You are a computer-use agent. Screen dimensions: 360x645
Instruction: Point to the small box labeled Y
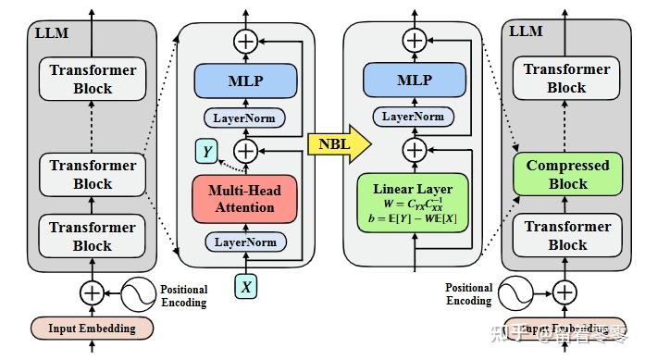tap(205, 150)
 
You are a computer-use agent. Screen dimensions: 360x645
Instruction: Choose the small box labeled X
tap(245, 287)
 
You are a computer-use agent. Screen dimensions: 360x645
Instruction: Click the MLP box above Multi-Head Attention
tap(245, 81)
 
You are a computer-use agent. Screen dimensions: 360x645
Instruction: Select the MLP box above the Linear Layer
tap(413, 81)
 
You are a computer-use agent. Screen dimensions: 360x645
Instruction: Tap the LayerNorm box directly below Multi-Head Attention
tap(244, 242)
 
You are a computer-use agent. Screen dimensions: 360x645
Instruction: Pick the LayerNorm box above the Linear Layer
tap(413, 117)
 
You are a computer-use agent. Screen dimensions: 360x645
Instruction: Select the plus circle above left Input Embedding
tap(91, 292)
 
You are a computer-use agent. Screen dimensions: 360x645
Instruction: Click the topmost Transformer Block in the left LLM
tap(93, 80)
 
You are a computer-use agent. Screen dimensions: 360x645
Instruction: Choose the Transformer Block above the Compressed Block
tap(566, 79)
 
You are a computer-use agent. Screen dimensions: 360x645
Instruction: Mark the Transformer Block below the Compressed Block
tap(566, 236)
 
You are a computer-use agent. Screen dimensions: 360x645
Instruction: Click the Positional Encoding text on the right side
tap(468, 294)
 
